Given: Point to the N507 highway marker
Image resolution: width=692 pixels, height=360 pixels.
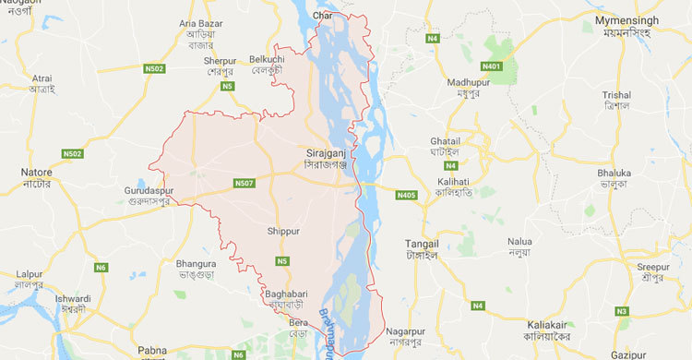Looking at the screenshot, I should coord(244,183).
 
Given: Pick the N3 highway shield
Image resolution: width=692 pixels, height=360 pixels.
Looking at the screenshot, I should coord(622,311).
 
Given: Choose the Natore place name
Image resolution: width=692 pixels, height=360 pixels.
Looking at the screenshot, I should coord(36,172).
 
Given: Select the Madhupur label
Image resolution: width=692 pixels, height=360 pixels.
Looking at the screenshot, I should coord(467,82).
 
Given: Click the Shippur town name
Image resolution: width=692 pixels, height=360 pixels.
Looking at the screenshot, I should coord(284,231).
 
